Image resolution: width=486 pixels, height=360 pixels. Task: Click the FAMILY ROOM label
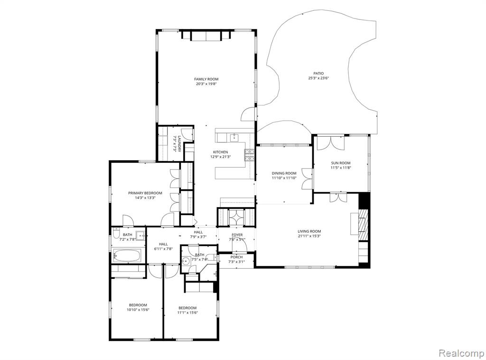click(x=206, y=79)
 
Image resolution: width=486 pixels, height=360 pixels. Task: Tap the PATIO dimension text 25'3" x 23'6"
click(x=318, y=78)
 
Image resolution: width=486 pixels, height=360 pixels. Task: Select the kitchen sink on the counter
click(x=234, y=137)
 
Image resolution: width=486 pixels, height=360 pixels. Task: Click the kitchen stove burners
click(x=250, y=155)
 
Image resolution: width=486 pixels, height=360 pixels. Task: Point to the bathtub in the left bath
click(x=127, y=256)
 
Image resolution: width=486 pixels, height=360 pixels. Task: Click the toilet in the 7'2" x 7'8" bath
click(x=116, y=233)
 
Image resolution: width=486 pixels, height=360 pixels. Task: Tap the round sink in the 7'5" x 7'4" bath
click(x=186, y=261)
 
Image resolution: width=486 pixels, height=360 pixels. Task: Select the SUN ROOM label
click(x=341, y=163)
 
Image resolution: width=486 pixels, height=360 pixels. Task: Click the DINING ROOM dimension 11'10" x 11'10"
click(x=284, y=178)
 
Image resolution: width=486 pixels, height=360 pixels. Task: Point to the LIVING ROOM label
click(x=309, y=231)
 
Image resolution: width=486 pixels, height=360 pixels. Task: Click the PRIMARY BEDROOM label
click(x=145, y=193)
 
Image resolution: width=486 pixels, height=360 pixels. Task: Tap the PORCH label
click(x=236, y=257)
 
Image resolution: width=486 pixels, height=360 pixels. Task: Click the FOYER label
click(x=237, y=235)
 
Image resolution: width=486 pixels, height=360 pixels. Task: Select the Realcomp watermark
click(x=461, y=353)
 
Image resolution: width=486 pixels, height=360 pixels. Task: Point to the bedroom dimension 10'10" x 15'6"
click(x=138, y=310)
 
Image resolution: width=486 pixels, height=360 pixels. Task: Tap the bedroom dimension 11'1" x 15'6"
click(x=187, y=313)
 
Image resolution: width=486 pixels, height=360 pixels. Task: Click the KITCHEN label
click(x=220, y=152)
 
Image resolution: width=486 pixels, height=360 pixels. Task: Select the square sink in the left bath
click(x=140, y=236)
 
